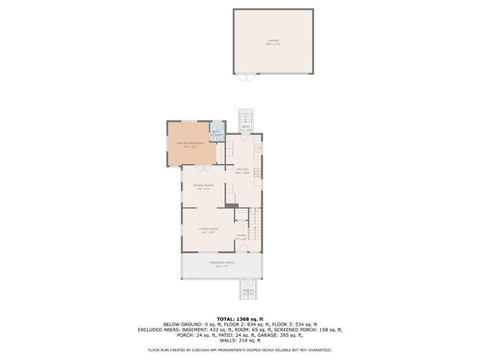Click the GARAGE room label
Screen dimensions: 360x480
click(273, 41)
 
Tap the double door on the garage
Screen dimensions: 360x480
click(245, 77)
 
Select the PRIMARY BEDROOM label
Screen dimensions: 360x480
click(190, 143)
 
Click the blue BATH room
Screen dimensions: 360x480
click(217, 132)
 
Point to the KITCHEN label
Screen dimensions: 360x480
click(242, 169)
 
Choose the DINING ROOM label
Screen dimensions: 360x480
click(203, 186)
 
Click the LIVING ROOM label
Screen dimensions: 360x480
click(207, 229)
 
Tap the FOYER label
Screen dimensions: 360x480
click(241, 236)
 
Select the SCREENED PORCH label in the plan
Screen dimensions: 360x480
click(222, 263)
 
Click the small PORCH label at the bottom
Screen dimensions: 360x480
click(248, 290)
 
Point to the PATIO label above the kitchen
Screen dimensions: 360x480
click(246, 127)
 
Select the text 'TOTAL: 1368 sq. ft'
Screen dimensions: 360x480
click(240, 319)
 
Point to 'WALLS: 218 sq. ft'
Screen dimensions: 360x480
click(240, 341)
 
